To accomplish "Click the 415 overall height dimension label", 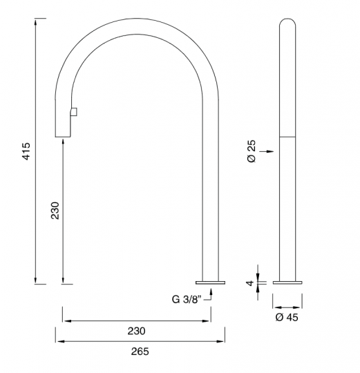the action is click(x=26, y=151).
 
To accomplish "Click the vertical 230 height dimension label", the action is click(x=55, y=210).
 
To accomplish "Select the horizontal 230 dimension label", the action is click(x=136, y=331).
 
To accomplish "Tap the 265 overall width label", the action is click(x=140, y=352).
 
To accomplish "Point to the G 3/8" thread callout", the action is click(x=187, y=299).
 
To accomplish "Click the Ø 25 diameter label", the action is click(x=252, y=151).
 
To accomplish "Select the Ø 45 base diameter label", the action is click(x=287, y=317).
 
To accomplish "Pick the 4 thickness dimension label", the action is click(x=250, y=283).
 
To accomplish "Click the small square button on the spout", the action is click(x=73, y=112).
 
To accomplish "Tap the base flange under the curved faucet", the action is click(x=210, y=283).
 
